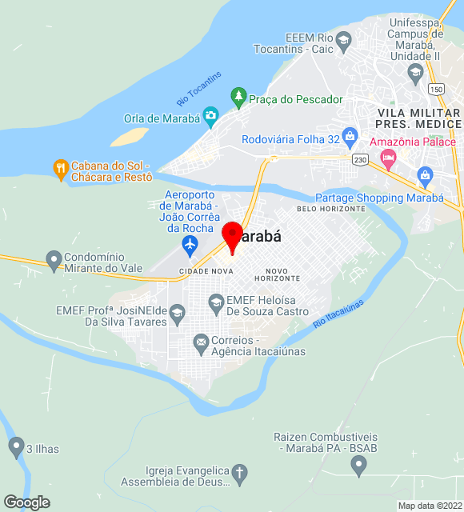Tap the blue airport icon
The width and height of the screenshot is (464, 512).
[x=190, y=243]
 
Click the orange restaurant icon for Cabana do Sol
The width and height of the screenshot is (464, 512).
[x=60, y=168]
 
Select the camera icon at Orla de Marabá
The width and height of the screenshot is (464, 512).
[x=210, y=116]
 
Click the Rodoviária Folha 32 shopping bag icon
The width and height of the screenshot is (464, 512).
[x=350, y=136]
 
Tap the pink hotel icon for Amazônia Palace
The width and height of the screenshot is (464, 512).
[x=388, y=156]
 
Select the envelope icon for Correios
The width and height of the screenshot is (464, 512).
[x=201, y=344]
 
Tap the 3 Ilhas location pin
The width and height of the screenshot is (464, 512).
[x=16, y=446]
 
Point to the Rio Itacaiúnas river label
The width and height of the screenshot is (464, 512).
[x=338, y=313]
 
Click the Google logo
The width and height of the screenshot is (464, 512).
[x=26, y=502]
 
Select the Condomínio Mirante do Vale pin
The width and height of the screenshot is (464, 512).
[x=54, y=259]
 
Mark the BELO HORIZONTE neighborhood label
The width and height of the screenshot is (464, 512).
[x=330, y=209]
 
